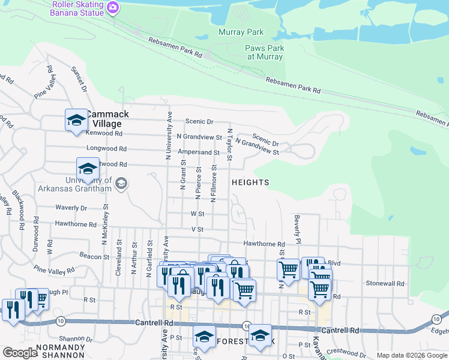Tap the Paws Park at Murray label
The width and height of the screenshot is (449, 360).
click(x=264, y=52)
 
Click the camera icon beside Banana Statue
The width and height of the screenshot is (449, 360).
click(x=113, y=7)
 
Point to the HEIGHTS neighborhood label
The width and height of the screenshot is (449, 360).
click(x=250, y=182)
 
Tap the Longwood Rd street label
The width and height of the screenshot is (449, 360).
click(x=107, y=148)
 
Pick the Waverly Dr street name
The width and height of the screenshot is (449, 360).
click(x=71, y=208)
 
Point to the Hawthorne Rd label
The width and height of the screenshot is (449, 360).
click(x=264, y=244)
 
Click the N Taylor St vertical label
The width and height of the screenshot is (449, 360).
click(x=229, y=144)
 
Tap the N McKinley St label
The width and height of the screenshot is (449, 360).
click(x=105, y=226)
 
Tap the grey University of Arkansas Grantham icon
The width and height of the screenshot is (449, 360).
click(x=121, y=184)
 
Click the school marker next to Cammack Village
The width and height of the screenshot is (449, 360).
click(x=76, y=120)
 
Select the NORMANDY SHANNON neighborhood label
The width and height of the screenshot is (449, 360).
click(x=60, y=350)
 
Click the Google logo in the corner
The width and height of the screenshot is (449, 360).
click(x=20, y=353)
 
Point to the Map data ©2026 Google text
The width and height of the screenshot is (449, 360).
click(x=412, y=355)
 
